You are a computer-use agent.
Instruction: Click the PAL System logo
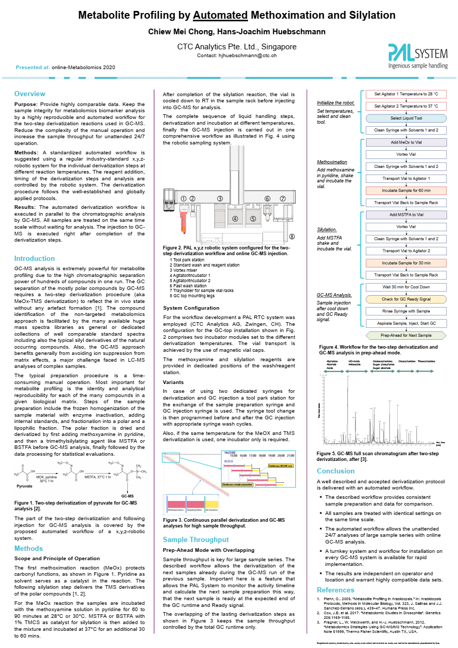417,56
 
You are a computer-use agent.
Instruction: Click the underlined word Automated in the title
220,16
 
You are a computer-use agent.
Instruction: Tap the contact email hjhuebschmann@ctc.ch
248,55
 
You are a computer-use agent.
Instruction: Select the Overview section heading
30,94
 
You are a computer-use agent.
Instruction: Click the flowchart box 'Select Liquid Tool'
407,118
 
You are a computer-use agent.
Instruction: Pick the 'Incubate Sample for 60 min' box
407,191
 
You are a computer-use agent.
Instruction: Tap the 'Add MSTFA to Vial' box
407,215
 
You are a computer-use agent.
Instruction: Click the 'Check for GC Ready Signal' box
407,299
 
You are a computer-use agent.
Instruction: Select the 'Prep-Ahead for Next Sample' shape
407,335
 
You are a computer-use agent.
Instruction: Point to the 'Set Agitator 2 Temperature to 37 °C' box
407,106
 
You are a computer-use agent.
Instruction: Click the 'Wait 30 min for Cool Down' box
407,287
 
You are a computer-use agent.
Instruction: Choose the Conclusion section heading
336,471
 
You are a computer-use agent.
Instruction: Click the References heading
336,590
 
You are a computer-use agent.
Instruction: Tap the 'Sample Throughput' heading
195,539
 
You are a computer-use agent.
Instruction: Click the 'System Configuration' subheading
191,308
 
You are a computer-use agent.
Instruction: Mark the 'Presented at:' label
33,68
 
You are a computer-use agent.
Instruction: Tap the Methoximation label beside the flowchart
332,162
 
